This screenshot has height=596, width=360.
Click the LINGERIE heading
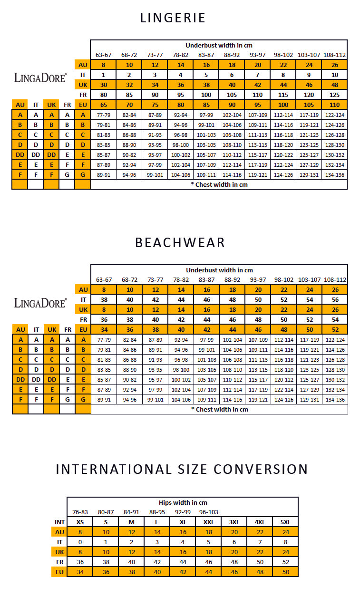pos(173,18)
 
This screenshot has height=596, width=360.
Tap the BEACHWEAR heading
pos(180,242)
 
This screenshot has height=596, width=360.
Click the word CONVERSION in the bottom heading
pos(261,469)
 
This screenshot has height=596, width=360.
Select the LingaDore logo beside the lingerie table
pos(40,77)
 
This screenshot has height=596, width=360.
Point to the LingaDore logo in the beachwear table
pos(40,302)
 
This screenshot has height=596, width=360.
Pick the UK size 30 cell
pos(103,84)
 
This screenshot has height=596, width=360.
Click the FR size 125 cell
pos(334,94)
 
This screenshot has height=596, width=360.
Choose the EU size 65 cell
pos(103,104)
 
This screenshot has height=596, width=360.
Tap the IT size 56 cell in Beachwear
pos(334,299)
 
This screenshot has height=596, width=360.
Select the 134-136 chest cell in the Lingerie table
pos(334,174)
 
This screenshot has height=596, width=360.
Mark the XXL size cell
pos(208,522)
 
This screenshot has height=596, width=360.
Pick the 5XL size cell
pos(285,522)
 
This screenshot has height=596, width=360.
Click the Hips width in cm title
pos(183,502)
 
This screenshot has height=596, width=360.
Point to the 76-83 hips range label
pos(80,512)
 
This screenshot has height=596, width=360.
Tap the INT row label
pos(59,522)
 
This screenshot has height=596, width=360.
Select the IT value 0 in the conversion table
pos(80,542)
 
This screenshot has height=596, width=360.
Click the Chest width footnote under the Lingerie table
pos(219,184)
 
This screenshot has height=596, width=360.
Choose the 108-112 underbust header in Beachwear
pos(334,279)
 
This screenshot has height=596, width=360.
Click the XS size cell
pos(80,522)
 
